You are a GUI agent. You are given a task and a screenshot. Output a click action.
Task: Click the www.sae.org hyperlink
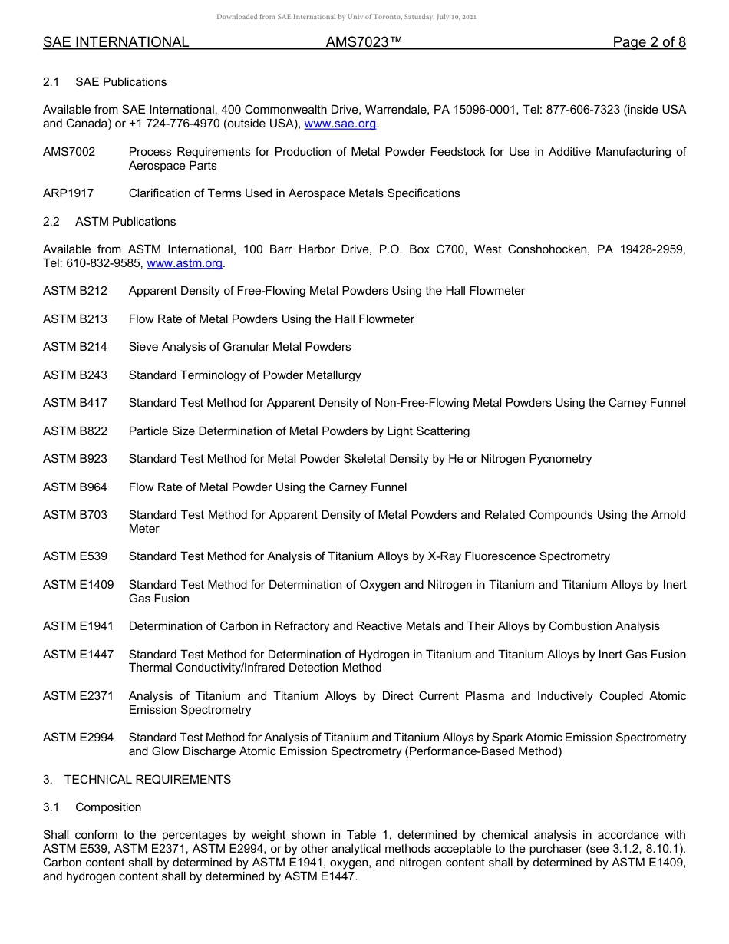tap(340, 124)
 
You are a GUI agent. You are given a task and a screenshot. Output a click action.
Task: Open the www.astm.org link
tap(184, 263)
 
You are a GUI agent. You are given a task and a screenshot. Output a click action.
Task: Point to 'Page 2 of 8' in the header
tap(648, 42)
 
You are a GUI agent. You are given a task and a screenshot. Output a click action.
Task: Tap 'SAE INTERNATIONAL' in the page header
tap(116, 42)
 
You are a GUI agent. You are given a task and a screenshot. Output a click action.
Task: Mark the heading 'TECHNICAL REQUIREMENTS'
tap(147, 780)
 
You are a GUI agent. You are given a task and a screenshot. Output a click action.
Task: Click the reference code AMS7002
tap(69, 152)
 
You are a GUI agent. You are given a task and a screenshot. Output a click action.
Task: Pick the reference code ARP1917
tap(68, 193)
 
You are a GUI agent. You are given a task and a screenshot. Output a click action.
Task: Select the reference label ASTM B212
tap(75, 291)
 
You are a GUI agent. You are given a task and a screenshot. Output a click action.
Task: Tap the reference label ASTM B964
tap(75, 487)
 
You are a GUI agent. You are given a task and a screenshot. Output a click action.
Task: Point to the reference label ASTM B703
tap(75, 515)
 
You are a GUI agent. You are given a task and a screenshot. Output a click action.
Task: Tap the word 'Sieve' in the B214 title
tap(143, 347)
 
